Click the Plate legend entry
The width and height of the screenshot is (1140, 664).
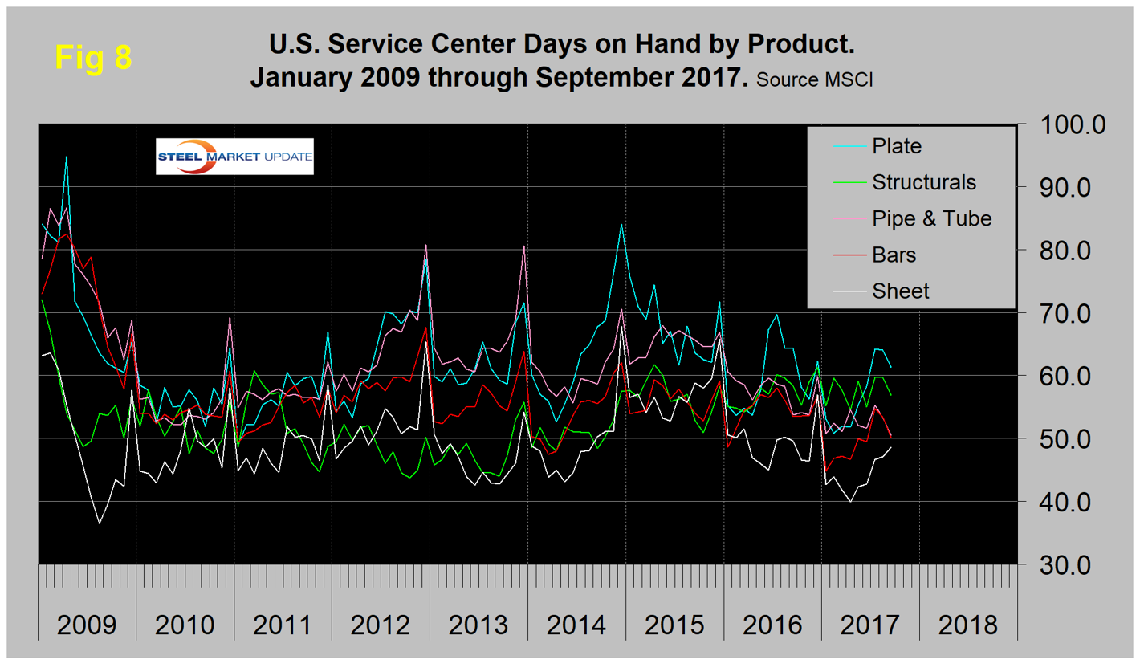click(898, 146)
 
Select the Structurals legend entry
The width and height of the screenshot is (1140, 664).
click(923, 182)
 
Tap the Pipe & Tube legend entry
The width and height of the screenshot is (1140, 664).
click(932, 218)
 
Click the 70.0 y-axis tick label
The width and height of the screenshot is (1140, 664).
click(1073, 313)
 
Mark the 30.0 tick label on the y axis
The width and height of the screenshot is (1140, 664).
click(1073, 564)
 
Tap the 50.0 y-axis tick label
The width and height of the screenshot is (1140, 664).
click(1073, 439)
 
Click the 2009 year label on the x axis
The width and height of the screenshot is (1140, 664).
click(87, 624)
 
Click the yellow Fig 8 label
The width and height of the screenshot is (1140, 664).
click(93, 58)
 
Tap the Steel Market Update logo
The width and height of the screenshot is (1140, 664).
click(234, 157)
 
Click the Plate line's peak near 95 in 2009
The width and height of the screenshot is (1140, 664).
click(66, 157)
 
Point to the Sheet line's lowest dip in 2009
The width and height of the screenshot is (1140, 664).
click(100, 523)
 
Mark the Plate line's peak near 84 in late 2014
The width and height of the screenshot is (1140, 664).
click(621, 224)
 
